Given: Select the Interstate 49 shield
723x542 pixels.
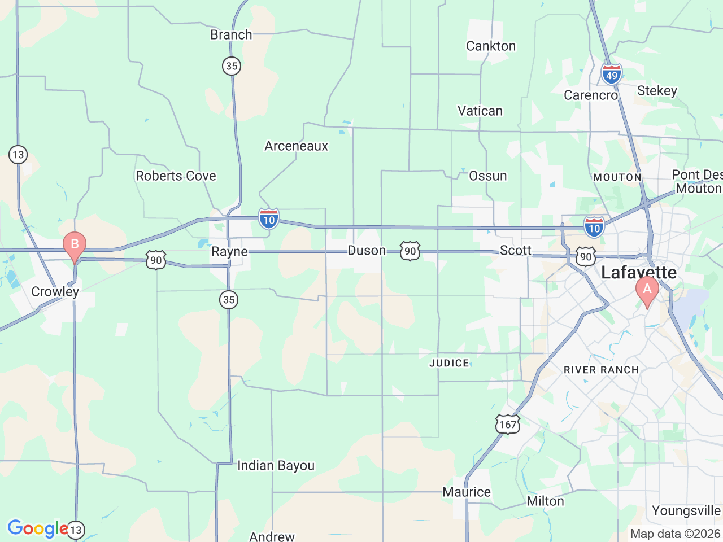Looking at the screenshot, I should tap(611, 75).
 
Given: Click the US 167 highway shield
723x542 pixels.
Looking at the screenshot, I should tap(507, 424).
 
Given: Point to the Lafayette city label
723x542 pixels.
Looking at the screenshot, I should tap(638, 273).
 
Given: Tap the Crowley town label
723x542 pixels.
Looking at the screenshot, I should tap(55, 291).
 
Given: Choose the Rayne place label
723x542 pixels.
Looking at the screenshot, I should tap(229, 252).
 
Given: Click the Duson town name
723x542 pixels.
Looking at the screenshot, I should tap(367, 251).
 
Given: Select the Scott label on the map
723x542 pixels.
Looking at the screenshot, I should tap(515, 251).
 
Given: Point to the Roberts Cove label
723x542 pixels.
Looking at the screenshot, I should tap(176, 176).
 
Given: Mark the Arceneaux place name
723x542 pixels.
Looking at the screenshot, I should tap(296, 146).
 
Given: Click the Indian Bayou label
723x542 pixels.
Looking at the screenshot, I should tap(276, 466).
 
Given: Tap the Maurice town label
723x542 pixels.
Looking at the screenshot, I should tap(467, 492).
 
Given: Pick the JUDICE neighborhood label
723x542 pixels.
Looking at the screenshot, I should tap(449, 364).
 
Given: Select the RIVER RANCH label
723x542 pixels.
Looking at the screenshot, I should tap(601, 370).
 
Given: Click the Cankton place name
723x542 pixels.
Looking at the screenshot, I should tap(490, 46).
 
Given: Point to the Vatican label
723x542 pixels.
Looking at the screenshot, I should tap(480, 111).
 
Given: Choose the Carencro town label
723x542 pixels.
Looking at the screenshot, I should tap(591, 95).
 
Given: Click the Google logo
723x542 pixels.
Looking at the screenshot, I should tap(37, 529).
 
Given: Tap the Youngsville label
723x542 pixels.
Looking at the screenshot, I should tap(686, 511).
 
